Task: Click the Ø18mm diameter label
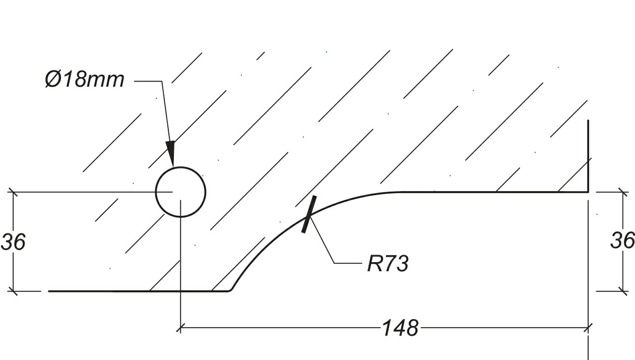tap(84, 80)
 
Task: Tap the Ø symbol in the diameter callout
tap(53, 80)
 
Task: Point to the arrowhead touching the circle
tap(170, 153)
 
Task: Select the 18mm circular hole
tap(180, 192)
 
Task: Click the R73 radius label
tap(388, 264)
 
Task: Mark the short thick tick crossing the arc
tap(309, 215)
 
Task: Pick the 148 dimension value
tap(400, 328)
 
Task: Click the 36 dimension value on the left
tap(13, 242)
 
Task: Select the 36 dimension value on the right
tap(622, 241)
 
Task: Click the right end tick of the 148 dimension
tap(588, 328)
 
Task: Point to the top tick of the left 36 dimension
tap(13, 192)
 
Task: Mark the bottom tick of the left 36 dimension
tap(13, 291)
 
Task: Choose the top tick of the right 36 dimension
tap(623, 192)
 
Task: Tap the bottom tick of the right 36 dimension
tap(623, 291)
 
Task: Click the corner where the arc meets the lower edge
tap(229, 290)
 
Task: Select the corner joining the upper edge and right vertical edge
tap(588, 192)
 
